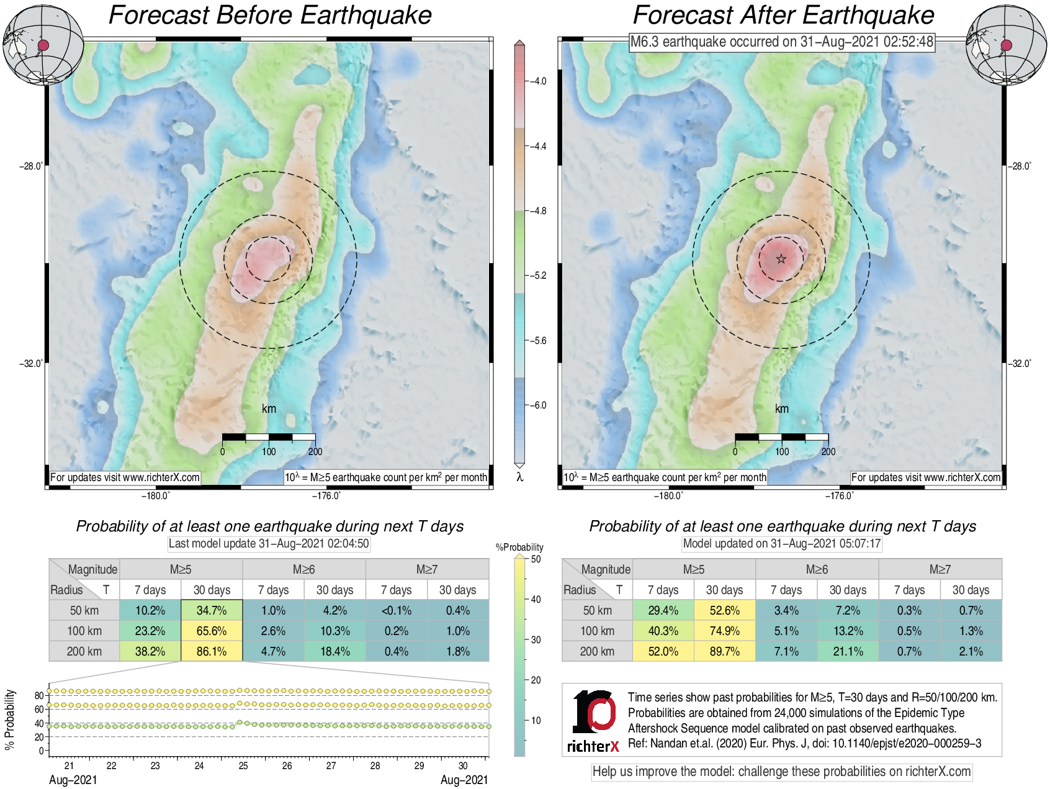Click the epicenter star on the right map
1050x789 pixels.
click(x=781, y=259)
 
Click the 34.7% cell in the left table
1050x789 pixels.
click(x=212, y=610)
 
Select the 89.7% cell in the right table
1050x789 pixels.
click(x=724, y=651)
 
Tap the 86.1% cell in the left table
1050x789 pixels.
click(x=212, y=651)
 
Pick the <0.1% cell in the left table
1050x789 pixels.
click(x=397, y=610)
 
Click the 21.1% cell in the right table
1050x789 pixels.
click(x=848, y=651)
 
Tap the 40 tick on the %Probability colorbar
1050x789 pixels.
click(x=536, y=599)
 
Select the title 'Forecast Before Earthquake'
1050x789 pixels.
click(x=270, y=15)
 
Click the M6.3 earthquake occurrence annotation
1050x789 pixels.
click(x=781, y=42)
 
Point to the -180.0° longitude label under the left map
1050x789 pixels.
click(x=155, y=495)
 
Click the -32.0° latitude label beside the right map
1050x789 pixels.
click(x=1020, y=363)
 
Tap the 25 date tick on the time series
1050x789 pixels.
click(x=243, y=765)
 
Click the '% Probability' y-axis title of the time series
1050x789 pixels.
click(x=9, y=719)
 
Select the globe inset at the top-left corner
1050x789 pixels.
click(x=43, y=45)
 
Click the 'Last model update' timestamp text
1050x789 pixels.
click(x=269, y=544)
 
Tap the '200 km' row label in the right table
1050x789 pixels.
click(x=597, y=651)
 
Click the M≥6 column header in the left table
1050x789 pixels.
click(x=304, y=569)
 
